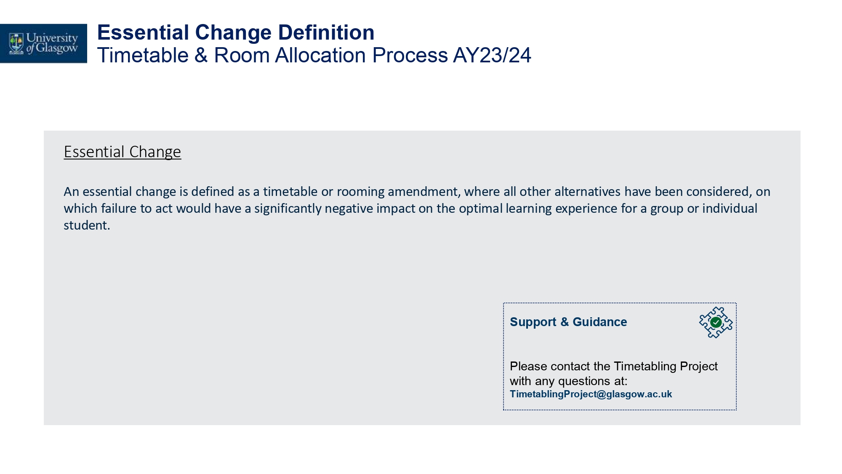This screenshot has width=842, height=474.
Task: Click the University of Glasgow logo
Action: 43,43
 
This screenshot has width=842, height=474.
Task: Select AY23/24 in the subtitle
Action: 492,55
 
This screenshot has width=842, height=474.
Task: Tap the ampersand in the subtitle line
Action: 201,55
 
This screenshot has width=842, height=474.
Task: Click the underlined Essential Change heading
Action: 123,152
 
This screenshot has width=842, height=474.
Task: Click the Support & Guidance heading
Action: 568,322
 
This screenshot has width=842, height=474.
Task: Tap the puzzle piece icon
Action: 716,322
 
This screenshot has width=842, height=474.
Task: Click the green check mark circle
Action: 716,322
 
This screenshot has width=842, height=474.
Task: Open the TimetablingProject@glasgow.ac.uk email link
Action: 591,394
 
